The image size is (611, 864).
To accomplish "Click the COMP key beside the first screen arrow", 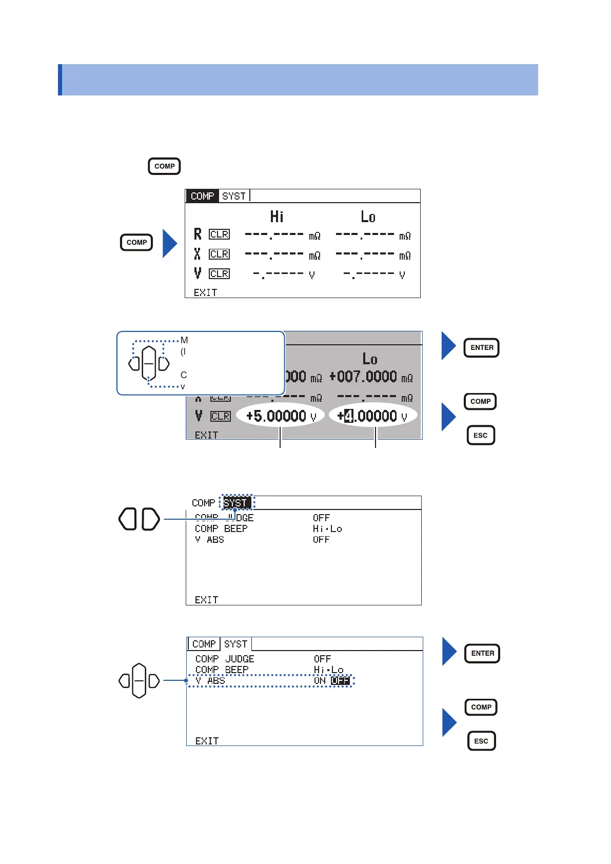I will pos(136,242).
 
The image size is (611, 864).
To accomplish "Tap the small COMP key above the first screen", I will pos(164,166).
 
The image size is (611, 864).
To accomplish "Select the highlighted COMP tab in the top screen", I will pos(202,196).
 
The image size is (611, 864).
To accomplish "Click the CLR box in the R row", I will pos(220,234).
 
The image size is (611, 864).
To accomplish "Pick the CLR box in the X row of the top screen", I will pos(220,254).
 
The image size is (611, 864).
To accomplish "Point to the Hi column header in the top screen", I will pos(277,217).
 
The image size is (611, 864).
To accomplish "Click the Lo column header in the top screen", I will pos(368,217).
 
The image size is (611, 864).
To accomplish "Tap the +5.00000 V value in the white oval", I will pos(280,416).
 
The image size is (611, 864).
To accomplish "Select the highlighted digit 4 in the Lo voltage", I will pos(349,416).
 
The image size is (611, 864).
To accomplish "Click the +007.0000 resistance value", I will pos(363,377).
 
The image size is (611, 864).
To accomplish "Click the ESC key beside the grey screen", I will pos(481,436).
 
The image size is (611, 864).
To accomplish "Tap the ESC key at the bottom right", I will pos(481,741).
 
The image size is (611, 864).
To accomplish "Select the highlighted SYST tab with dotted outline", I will pos(236,503).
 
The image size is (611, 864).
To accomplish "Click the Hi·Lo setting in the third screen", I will pos(327,528).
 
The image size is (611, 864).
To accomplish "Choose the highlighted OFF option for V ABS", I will pos(340,681).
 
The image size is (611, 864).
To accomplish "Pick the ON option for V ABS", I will pos(320,681).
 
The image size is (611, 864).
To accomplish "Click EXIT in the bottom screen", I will pos(207,741).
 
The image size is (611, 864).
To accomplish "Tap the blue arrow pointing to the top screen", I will pos(170,243).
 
